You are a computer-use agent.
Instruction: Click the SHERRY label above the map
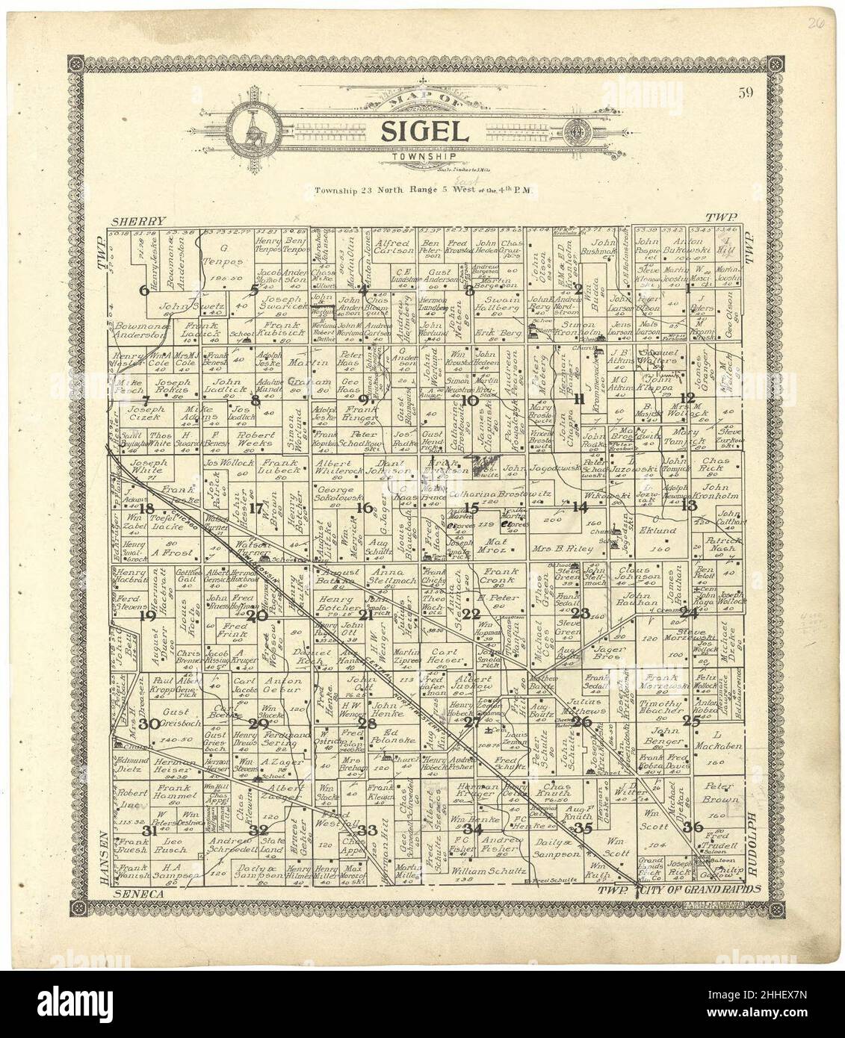139,222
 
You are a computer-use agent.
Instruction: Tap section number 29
259,723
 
